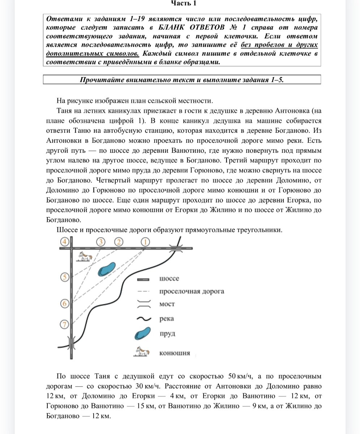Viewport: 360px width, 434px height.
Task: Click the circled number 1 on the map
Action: (145, 242)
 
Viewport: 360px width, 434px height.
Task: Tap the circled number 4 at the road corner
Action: (65, 242)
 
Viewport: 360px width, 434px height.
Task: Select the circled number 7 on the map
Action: (65, 324)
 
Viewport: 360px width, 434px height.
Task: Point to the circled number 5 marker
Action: (65, 277)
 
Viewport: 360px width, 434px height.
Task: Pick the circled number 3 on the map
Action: (101, 242)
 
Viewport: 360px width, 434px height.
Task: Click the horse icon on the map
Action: (85, 256)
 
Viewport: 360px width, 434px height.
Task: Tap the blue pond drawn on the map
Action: (107, 269)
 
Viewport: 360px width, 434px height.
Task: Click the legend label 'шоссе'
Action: (169, 278)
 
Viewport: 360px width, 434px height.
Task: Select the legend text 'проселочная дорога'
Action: (191, 291)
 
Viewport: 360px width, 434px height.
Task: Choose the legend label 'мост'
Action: (167, 305)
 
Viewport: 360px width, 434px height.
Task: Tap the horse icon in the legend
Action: (142, 352)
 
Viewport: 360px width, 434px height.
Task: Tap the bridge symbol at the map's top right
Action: (177, 248)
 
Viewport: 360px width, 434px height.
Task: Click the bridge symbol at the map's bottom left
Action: (72, 342)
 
